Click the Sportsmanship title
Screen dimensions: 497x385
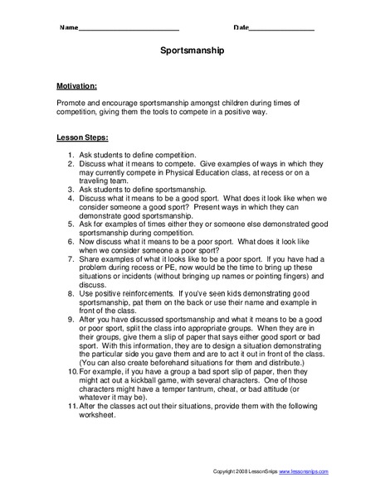(192, 50)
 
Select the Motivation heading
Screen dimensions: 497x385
(77, 85)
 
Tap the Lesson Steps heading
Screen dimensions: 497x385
(81, 138)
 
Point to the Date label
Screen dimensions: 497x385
(241, 27)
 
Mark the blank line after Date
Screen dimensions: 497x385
(281, 29)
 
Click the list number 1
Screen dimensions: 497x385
(71, 155)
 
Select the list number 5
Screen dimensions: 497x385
(71, 224)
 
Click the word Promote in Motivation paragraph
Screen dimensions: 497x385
(72, 103)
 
